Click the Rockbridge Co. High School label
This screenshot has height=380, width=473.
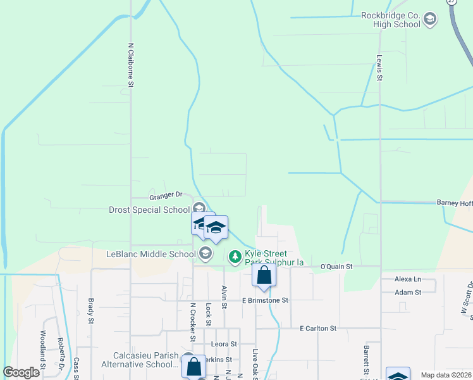coord(391,20)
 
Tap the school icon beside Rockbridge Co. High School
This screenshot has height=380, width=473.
coord(431,19)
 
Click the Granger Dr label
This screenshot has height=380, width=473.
coord(166,194)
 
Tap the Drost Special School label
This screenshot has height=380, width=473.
coord(149,210)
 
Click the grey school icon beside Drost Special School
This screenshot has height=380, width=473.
coord(199,208)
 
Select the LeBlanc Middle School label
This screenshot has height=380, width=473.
coord(151,255)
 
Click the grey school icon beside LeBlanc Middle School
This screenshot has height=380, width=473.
coord(205,254)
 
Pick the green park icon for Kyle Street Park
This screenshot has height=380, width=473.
coord(235,256)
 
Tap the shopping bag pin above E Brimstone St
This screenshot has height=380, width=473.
coord(264,275)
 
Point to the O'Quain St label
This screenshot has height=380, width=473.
coord(335,267)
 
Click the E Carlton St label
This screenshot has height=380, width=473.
coord(319,329)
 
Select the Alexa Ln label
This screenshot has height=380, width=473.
coord(407,279)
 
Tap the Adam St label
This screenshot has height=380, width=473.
coord(407,292)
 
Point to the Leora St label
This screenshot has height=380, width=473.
coord(224,344)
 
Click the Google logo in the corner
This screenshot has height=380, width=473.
coord(21,372)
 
